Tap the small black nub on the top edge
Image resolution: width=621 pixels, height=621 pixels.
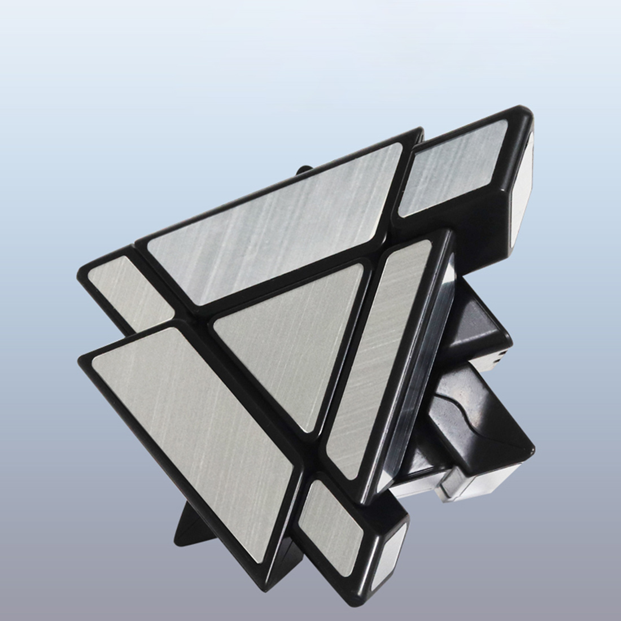[x=304, y=169]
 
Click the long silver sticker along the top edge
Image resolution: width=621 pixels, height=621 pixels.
[x=271, y=215]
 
